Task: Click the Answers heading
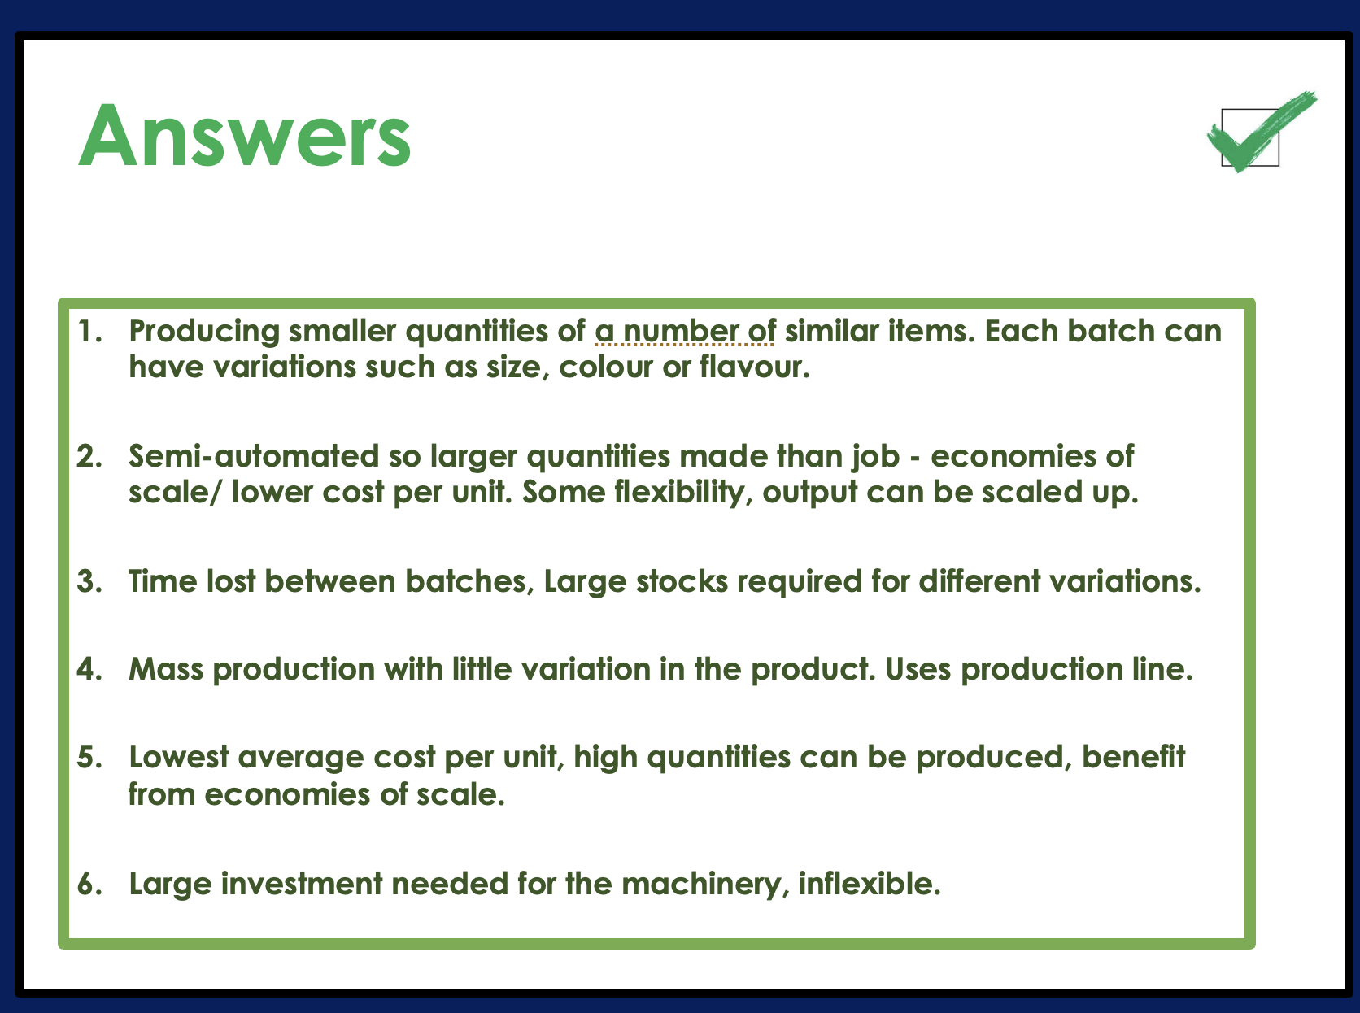[245, 136]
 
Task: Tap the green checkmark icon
[1261, 132]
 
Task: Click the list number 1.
[89, 331]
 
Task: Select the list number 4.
[89, 669]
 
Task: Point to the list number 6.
[89, 884]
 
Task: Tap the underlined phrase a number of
[685, 331]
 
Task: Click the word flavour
[755, 367]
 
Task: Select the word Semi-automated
[254, 456]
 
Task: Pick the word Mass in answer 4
[166, 669]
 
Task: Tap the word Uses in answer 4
[918, 669]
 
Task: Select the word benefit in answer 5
[1133, 757]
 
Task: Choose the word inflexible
[870, 884]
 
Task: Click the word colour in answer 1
[606, 367]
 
